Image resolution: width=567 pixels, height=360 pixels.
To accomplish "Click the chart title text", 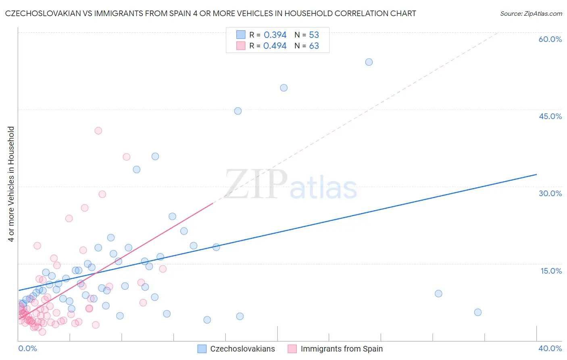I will tap(211, 13).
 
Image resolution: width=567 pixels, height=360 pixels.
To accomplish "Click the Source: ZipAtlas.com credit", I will tap(531, 13).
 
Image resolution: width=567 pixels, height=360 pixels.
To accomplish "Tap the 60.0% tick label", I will tap(550, 39).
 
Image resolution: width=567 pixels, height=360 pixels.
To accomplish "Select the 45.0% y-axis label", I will tap(550, 116).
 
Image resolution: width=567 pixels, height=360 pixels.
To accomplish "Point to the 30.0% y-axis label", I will tap(550, 193).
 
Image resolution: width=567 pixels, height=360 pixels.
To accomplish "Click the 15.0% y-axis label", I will tap(551, 271).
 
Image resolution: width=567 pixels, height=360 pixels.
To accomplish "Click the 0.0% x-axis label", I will tap(28, 348).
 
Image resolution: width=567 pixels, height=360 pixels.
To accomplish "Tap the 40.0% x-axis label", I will tap(550, 348).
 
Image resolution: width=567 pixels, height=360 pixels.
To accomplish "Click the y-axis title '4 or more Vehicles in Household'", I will tap(11, 184).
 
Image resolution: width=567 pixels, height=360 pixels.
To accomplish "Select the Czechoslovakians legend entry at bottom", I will tap(236, 349).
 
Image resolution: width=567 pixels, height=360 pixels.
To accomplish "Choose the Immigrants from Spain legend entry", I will tap(336, 349).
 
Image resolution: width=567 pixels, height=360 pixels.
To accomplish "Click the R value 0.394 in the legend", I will tap(275, 35).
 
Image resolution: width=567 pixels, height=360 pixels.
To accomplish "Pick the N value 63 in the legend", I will tap(314, 46).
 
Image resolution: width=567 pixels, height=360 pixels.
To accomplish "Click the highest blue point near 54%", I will tap(369, 62).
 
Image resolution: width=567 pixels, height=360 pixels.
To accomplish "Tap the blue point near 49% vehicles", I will tap(284, 88).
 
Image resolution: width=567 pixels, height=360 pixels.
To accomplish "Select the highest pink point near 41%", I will tap(98, 131).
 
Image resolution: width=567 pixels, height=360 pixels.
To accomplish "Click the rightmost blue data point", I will tap(478, 312).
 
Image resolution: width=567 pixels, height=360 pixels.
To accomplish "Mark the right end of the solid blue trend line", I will tap(536, 174).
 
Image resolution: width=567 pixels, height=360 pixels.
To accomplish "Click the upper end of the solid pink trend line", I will tap(213, 203).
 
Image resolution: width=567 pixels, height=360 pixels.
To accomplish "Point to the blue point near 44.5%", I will tap(238, 111).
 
